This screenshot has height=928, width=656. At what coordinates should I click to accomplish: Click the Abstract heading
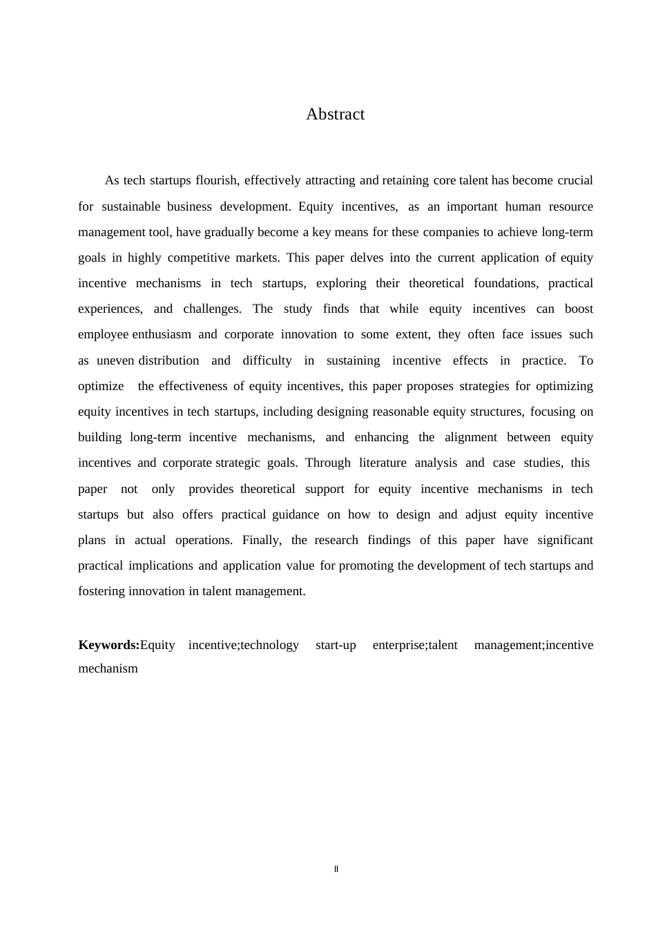(335, 115)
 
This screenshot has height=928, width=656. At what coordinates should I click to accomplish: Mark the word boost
(579, 309)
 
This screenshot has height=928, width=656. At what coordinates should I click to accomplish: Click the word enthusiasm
(162, 334)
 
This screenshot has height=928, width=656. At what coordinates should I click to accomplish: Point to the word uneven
(115, 360)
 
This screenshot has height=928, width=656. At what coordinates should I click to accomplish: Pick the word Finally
(262, 540)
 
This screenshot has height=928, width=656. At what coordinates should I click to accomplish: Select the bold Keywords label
(109, 645)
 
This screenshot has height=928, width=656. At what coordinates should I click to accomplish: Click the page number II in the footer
(336, 869)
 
